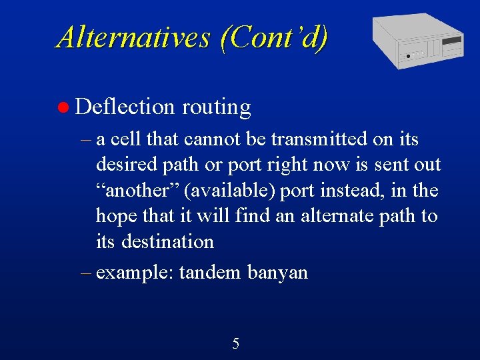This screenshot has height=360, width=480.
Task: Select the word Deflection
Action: [x=125, y=107]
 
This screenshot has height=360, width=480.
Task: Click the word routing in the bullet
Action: [x=216, y=107]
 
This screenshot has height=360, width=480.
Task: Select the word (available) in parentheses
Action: [x=230, y=191]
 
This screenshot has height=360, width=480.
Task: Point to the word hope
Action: [x=118, y=216]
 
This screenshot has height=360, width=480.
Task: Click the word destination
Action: [x=167, y=241]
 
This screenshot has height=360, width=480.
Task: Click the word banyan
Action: [x=277, y=273]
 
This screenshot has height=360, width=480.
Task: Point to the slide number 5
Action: [x=235, y=344]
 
